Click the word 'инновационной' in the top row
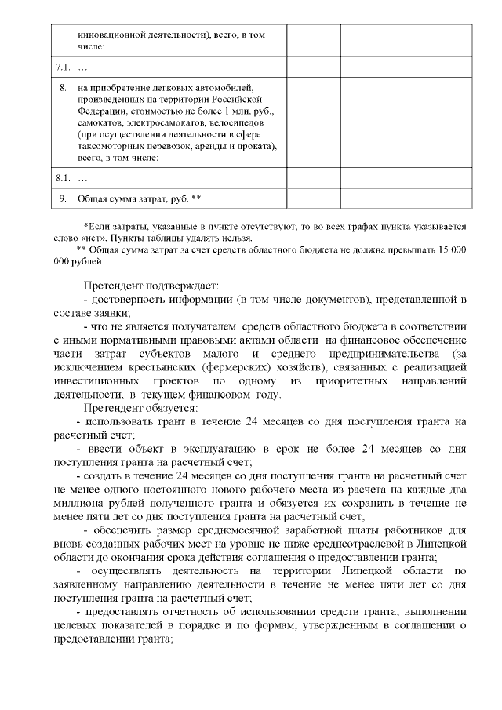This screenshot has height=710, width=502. click(x=115, y=34)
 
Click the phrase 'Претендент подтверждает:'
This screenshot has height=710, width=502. click(x=151, y=286)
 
